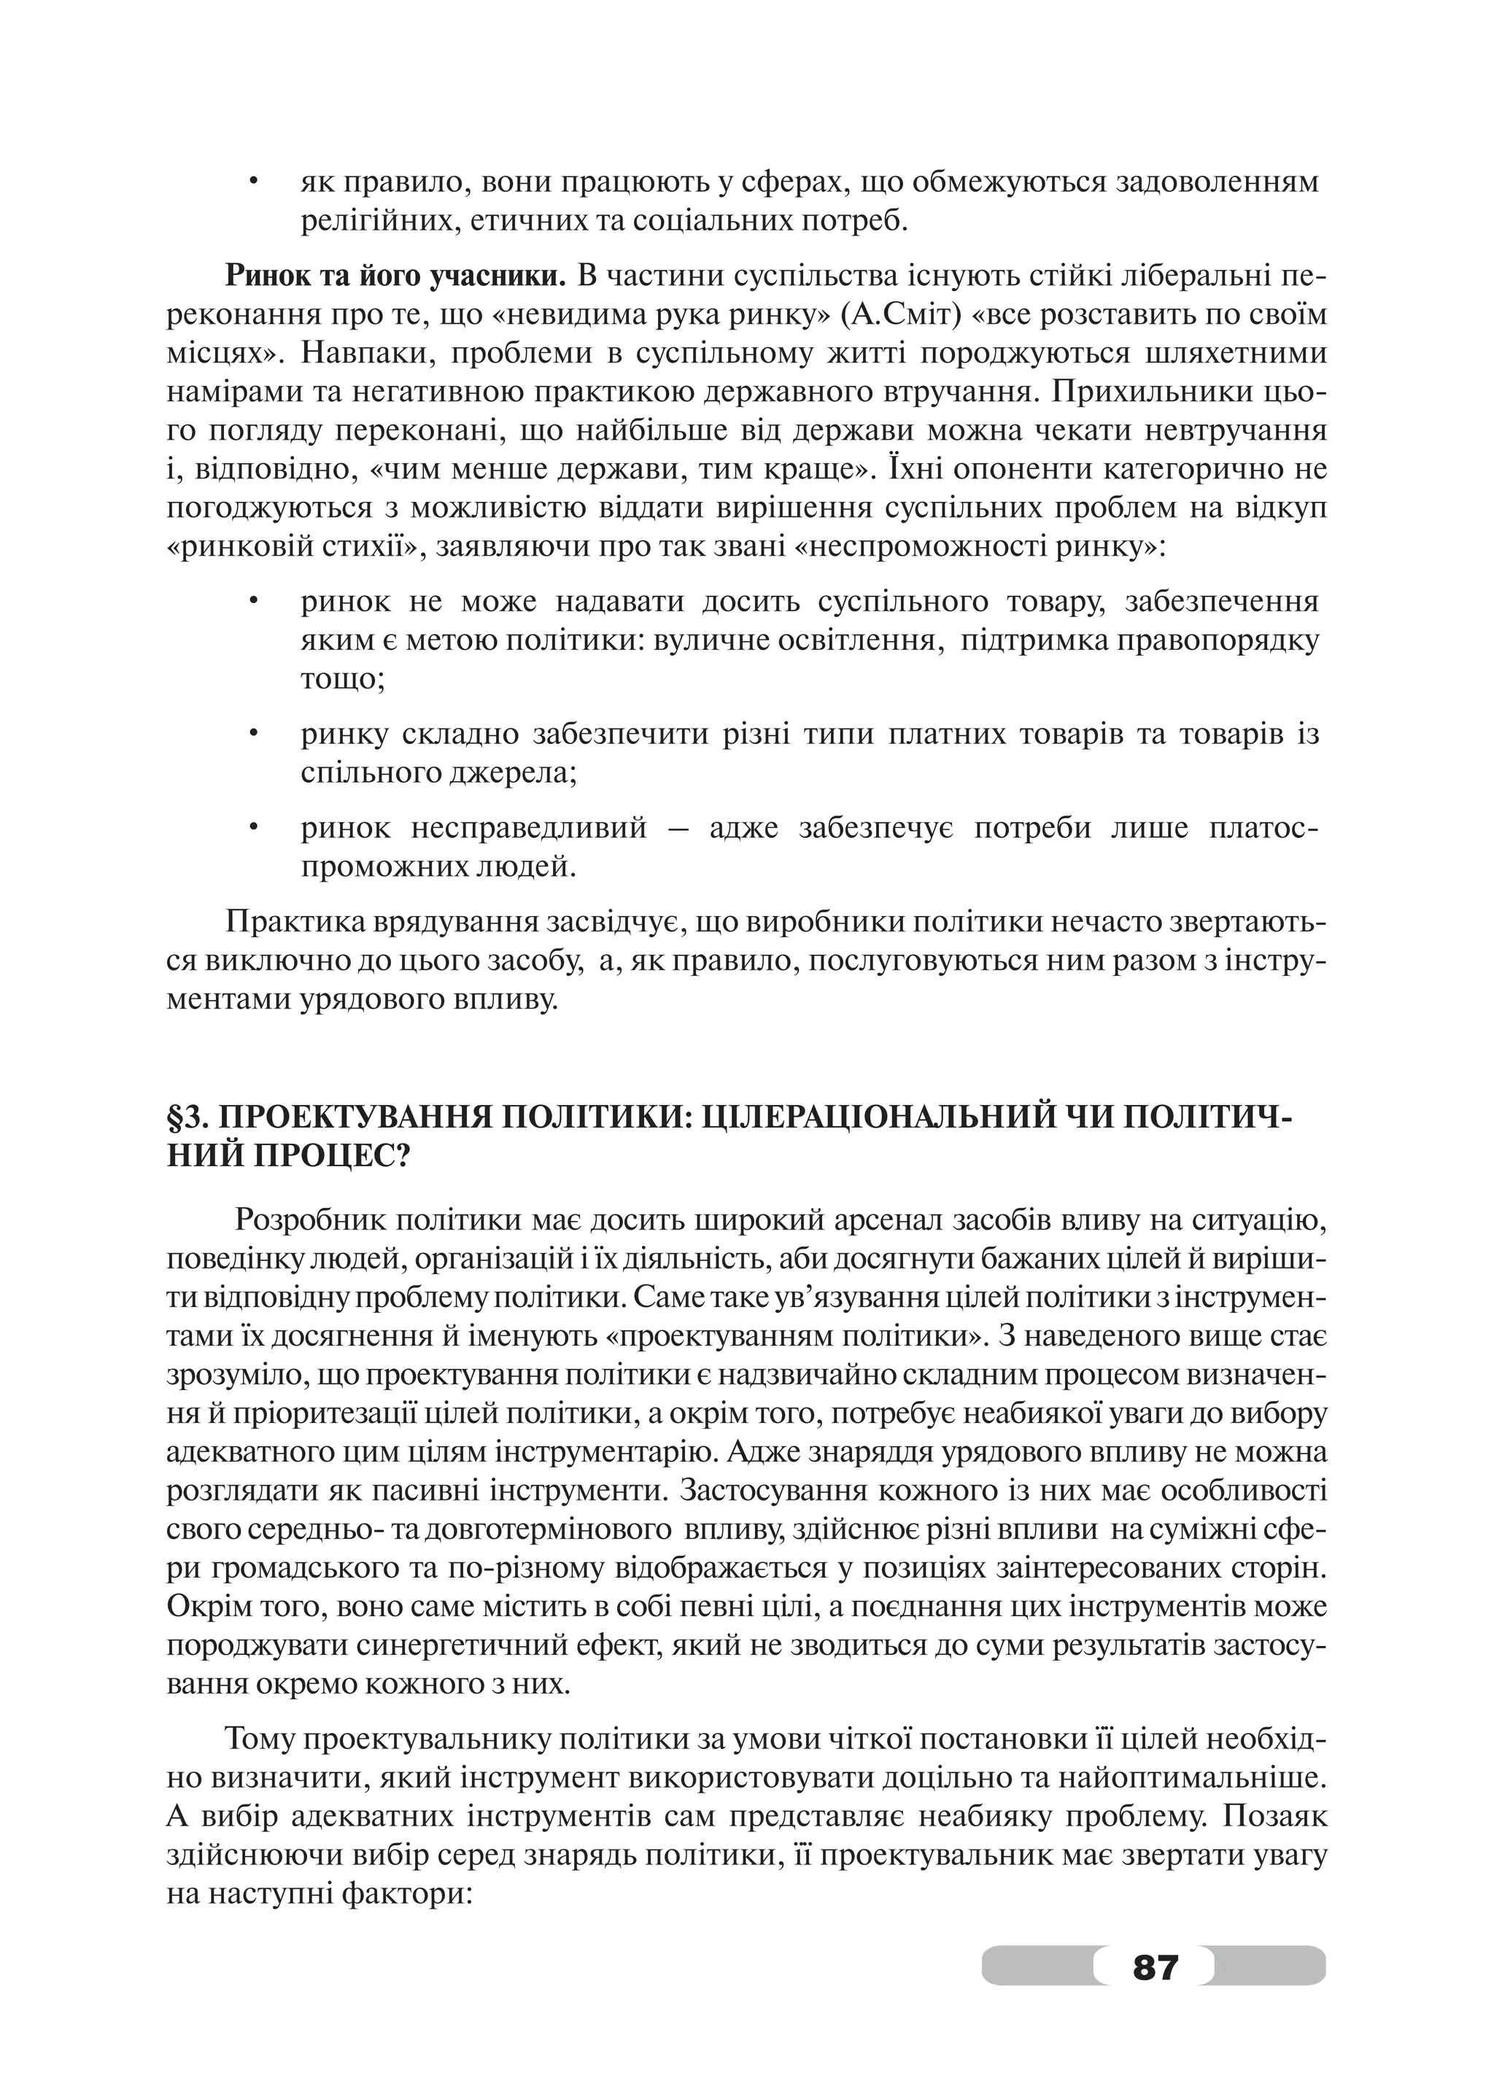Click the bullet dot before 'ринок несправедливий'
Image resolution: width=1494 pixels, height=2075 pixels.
click(253, 828)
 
